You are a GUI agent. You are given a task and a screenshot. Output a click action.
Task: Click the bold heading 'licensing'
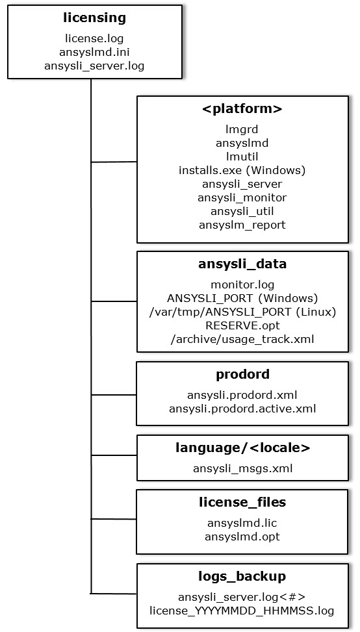click(x=95, y=18)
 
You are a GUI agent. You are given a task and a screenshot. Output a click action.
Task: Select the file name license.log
click(x=94, y=38)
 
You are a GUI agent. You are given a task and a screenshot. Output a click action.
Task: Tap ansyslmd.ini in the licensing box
click(x=94, y=52)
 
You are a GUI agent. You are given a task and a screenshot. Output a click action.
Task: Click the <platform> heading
click(x=242, y=109)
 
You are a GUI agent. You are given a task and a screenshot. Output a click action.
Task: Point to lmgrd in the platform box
click(x=242, y=129)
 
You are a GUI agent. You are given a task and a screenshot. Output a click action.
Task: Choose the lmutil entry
click(x=242, y=157)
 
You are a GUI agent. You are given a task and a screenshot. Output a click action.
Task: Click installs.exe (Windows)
click(x=242, y=170)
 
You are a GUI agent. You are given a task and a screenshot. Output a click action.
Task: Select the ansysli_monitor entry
click(x=242, y=197)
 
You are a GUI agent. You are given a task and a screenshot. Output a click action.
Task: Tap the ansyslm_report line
click(x=242, y=225)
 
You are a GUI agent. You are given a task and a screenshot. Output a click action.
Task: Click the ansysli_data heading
click(x=242, y=264)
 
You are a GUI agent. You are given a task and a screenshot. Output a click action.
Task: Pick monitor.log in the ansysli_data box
click(x=242, y=284)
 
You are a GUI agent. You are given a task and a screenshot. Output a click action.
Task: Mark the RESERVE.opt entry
click(x=242, y=325)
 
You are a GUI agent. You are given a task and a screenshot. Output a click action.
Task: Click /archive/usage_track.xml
click(x=242, y=339)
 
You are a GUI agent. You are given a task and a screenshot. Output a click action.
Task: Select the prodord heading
click(x=242, y=374)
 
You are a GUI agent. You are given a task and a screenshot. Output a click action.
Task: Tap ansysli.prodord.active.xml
click(x=242, y=409)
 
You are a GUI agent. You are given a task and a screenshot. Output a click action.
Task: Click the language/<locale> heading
click(x=242, y=448)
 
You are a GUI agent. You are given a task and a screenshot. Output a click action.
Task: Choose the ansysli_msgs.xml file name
click(x=242, y=468)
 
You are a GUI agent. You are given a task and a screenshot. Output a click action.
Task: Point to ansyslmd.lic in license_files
click(x=242, y=523)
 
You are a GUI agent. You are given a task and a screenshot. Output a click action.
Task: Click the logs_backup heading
click(x=242, y=576)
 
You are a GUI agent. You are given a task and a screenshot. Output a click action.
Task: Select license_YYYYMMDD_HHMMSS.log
click(x=242, y=611)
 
